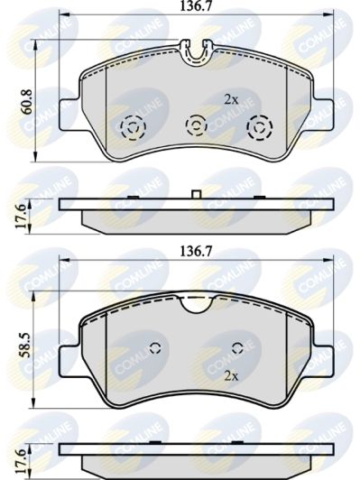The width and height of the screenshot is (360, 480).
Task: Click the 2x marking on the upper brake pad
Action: [231, 99]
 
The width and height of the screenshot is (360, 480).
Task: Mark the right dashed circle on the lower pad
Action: [237, 349]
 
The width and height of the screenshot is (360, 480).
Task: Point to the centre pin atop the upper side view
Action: [196, 193]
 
